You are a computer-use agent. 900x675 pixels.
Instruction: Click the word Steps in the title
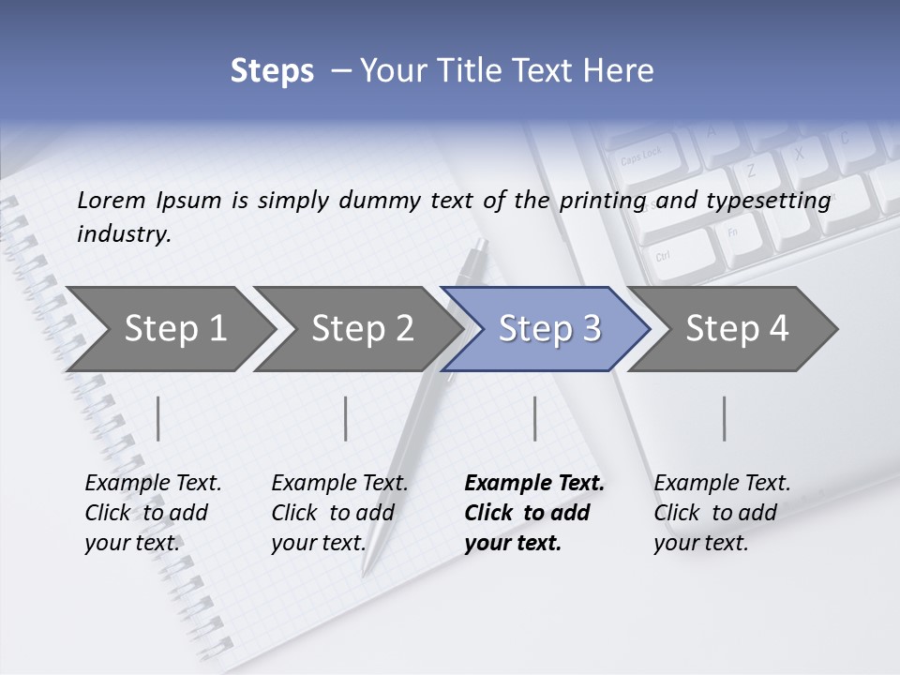tap(272, 71)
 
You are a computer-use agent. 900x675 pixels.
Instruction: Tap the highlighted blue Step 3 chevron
tap(548, 328)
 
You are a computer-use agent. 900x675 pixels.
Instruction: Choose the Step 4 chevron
tap(736, 328)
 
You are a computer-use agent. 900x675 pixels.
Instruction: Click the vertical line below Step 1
tap(158, 418)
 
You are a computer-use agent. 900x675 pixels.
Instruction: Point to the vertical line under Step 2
tap(346, 418)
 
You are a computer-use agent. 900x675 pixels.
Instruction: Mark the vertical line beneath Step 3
tap(534, 418)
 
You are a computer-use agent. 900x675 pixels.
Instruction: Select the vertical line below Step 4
tap(724, 418)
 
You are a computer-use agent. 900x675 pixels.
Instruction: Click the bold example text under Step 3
tap(533, 513)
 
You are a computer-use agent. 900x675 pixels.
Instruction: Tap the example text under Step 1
tap(153, 513)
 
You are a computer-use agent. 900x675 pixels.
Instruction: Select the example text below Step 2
tap(339, 513)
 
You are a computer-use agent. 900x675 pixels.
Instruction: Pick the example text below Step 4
tap(722, 513)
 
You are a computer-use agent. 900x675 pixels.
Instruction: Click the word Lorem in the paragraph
tap(112, 200)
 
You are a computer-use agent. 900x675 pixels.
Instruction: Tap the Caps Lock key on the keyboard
tap(641, 156)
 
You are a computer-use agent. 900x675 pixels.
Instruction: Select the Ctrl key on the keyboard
tap(663, 255)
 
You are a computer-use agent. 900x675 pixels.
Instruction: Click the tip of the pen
tap(366, 571)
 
